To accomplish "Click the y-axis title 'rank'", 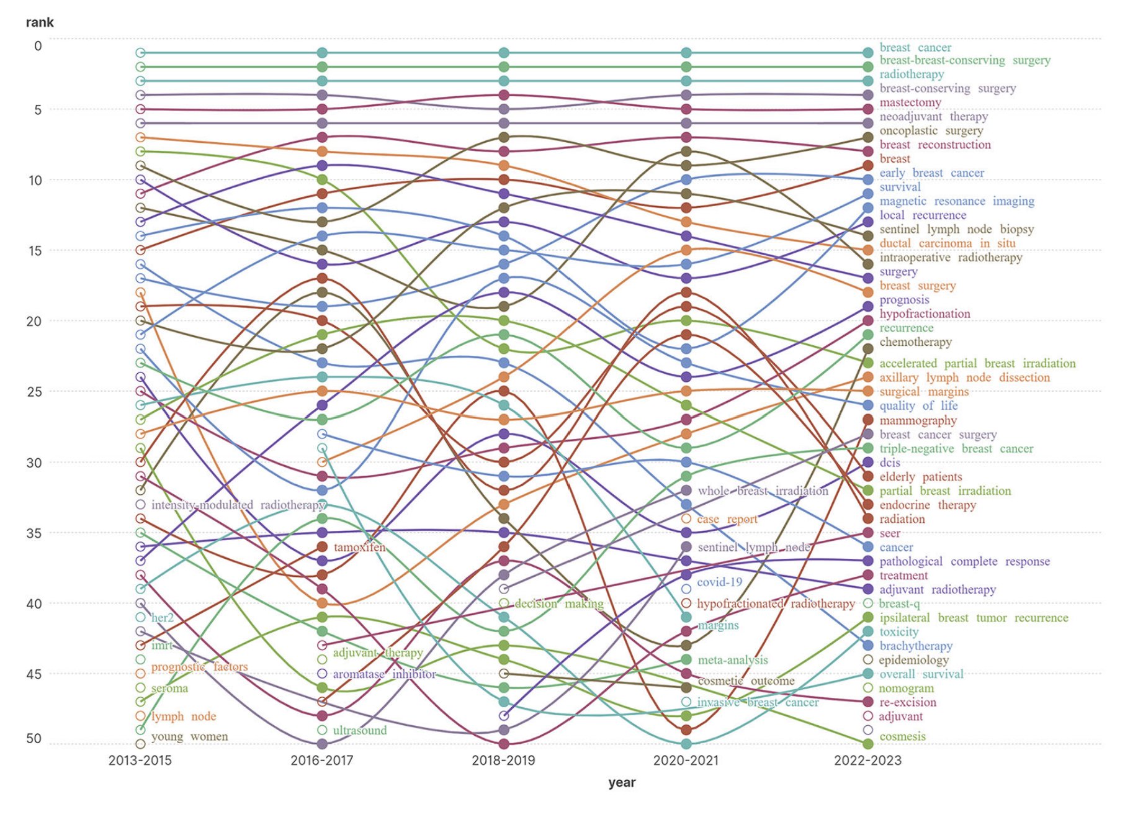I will click(x=40, y=22).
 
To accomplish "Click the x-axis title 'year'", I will click(x=622, y=782).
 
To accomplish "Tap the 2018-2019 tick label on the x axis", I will click(x=503, y=760).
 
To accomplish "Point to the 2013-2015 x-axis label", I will click(x=140, y=760).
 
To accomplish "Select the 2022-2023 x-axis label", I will click(x=867, y=760).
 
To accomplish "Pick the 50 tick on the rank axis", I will click(x=34, y=738).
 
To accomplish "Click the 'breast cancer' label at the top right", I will click(x=915, y=48).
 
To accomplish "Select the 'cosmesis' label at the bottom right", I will click(x=902, y=736).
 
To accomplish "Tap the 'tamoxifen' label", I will click(x=359, y=547).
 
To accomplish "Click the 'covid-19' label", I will click(x=719, y=582).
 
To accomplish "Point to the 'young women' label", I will click(x=189, y=736).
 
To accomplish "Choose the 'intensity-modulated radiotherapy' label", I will click(x=238, y=505).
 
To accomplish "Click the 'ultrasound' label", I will click(x=359, y=730).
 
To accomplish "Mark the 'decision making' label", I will click(x=559, y=604).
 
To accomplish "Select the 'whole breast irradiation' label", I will click(x=763, y=491).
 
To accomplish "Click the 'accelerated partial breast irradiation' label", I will click(x=977, y=363).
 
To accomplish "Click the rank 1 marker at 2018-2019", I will click(x=504, y=53).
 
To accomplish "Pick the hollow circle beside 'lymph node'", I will click(x=140, y=716).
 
